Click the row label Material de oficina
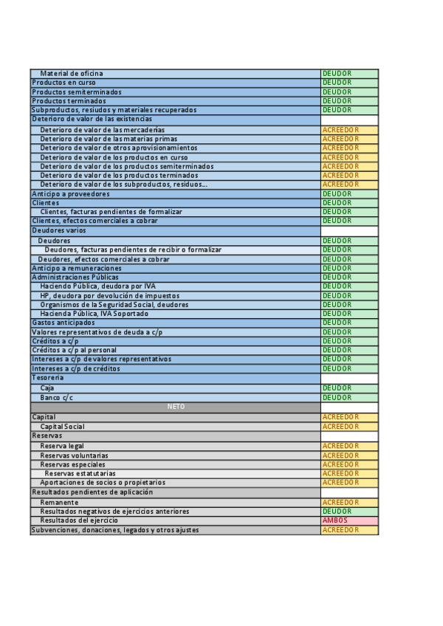pyautogui.click(x=72, y=74)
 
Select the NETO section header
pyautogui.click(x=176, y=407)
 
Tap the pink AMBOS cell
pyautogui.click(x=349, y=520)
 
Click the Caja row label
pyautogui.click(x=47, y=388)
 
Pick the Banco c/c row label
pyautogui.click(x=57, y=398)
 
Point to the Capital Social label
pyautogui.click(x=62, y=427)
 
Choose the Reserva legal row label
pyautogui.click(x=62, y=447)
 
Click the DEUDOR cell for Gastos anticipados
pyautogui.click(x=349, y=323)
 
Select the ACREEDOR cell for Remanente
pyautogui.click(x=349, y=503)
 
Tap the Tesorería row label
pyautogui.click(x=47, y=378)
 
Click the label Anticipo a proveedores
pyautogui.click(x=70, y=194)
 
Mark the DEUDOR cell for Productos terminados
pyautogui.click(x=349, y=101)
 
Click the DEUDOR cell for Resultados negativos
pyautogui.click(x=349, y=512)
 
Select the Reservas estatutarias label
pyautogui.click(x=80, y=474)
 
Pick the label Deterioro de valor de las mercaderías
pyautogui.click(x=102, y=130)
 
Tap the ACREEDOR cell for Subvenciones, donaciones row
pyautogui.click(x=349, y=530)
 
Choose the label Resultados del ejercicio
pyautogui.click(x=79, y=520)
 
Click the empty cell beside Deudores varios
pyautogui.click(x=349, y=231)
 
